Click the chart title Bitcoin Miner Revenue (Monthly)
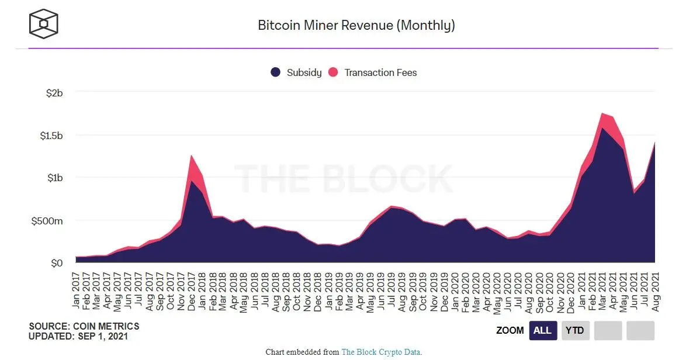356,25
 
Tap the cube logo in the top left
43,24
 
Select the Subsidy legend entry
296,72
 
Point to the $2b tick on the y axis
54,92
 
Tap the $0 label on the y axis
56,264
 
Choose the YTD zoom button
575,331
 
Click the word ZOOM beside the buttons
510,331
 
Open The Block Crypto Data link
381,352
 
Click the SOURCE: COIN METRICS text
84,326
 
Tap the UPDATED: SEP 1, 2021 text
78,337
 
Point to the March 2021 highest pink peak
602,114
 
